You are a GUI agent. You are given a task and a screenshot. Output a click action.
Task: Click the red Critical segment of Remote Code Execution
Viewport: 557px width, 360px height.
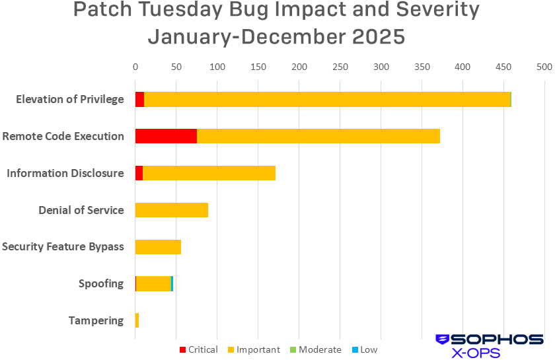[166, 136]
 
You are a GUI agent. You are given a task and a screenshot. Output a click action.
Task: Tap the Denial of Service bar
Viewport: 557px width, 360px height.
[171, 210]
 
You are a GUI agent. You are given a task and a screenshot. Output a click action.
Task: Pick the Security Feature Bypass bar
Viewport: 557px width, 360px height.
[158, 247]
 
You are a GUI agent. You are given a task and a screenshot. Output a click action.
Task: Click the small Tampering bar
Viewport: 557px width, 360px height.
[137, 320]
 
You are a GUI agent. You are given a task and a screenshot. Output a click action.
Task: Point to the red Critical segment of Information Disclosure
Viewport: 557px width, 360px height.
[139, 173]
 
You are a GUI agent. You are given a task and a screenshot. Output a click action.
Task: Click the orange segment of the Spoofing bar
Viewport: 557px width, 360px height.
[153, 284]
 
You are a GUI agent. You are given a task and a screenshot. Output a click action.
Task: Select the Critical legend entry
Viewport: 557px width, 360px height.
[198, 349]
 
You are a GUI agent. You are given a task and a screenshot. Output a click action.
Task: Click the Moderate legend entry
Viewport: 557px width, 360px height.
[315, 349]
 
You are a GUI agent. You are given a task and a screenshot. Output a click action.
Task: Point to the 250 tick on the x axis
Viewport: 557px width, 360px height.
[340, 67]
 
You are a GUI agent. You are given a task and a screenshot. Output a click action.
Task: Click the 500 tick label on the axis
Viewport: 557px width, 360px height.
[544, 67]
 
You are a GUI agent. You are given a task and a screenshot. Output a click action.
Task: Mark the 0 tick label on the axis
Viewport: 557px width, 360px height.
[135, 67]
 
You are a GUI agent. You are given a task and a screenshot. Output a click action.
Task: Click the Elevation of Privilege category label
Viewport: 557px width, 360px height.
[69, 99]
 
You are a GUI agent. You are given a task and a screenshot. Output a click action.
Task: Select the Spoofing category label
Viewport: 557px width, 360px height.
[100, 283]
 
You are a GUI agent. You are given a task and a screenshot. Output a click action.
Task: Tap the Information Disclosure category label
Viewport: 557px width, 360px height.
[65, 173]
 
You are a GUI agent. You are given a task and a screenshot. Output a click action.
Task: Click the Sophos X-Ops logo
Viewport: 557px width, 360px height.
[489, 345]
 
